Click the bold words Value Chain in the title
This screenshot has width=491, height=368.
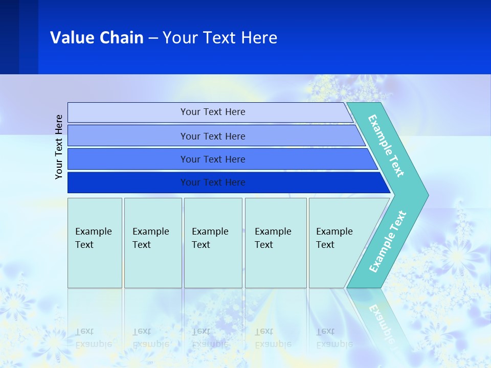coord(97,38)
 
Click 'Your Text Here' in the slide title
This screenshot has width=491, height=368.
coord(220,38)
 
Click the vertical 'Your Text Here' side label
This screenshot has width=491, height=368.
coord(59,147)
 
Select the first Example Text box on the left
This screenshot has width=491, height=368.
coord(95,243)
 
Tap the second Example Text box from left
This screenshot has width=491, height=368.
coord(153,243)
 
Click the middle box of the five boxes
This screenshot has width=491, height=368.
coord(213,243)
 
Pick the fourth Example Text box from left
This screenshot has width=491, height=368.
coord(276,243)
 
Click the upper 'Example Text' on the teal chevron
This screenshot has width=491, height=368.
coord(386,146)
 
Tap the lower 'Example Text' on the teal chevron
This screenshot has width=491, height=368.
coord(388,242)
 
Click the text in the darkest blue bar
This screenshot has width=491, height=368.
coord(213,182)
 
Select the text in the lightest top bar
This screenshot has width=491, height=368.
coord(213,112)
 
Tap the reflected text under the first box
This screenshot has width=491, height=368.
coord(93,337)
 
